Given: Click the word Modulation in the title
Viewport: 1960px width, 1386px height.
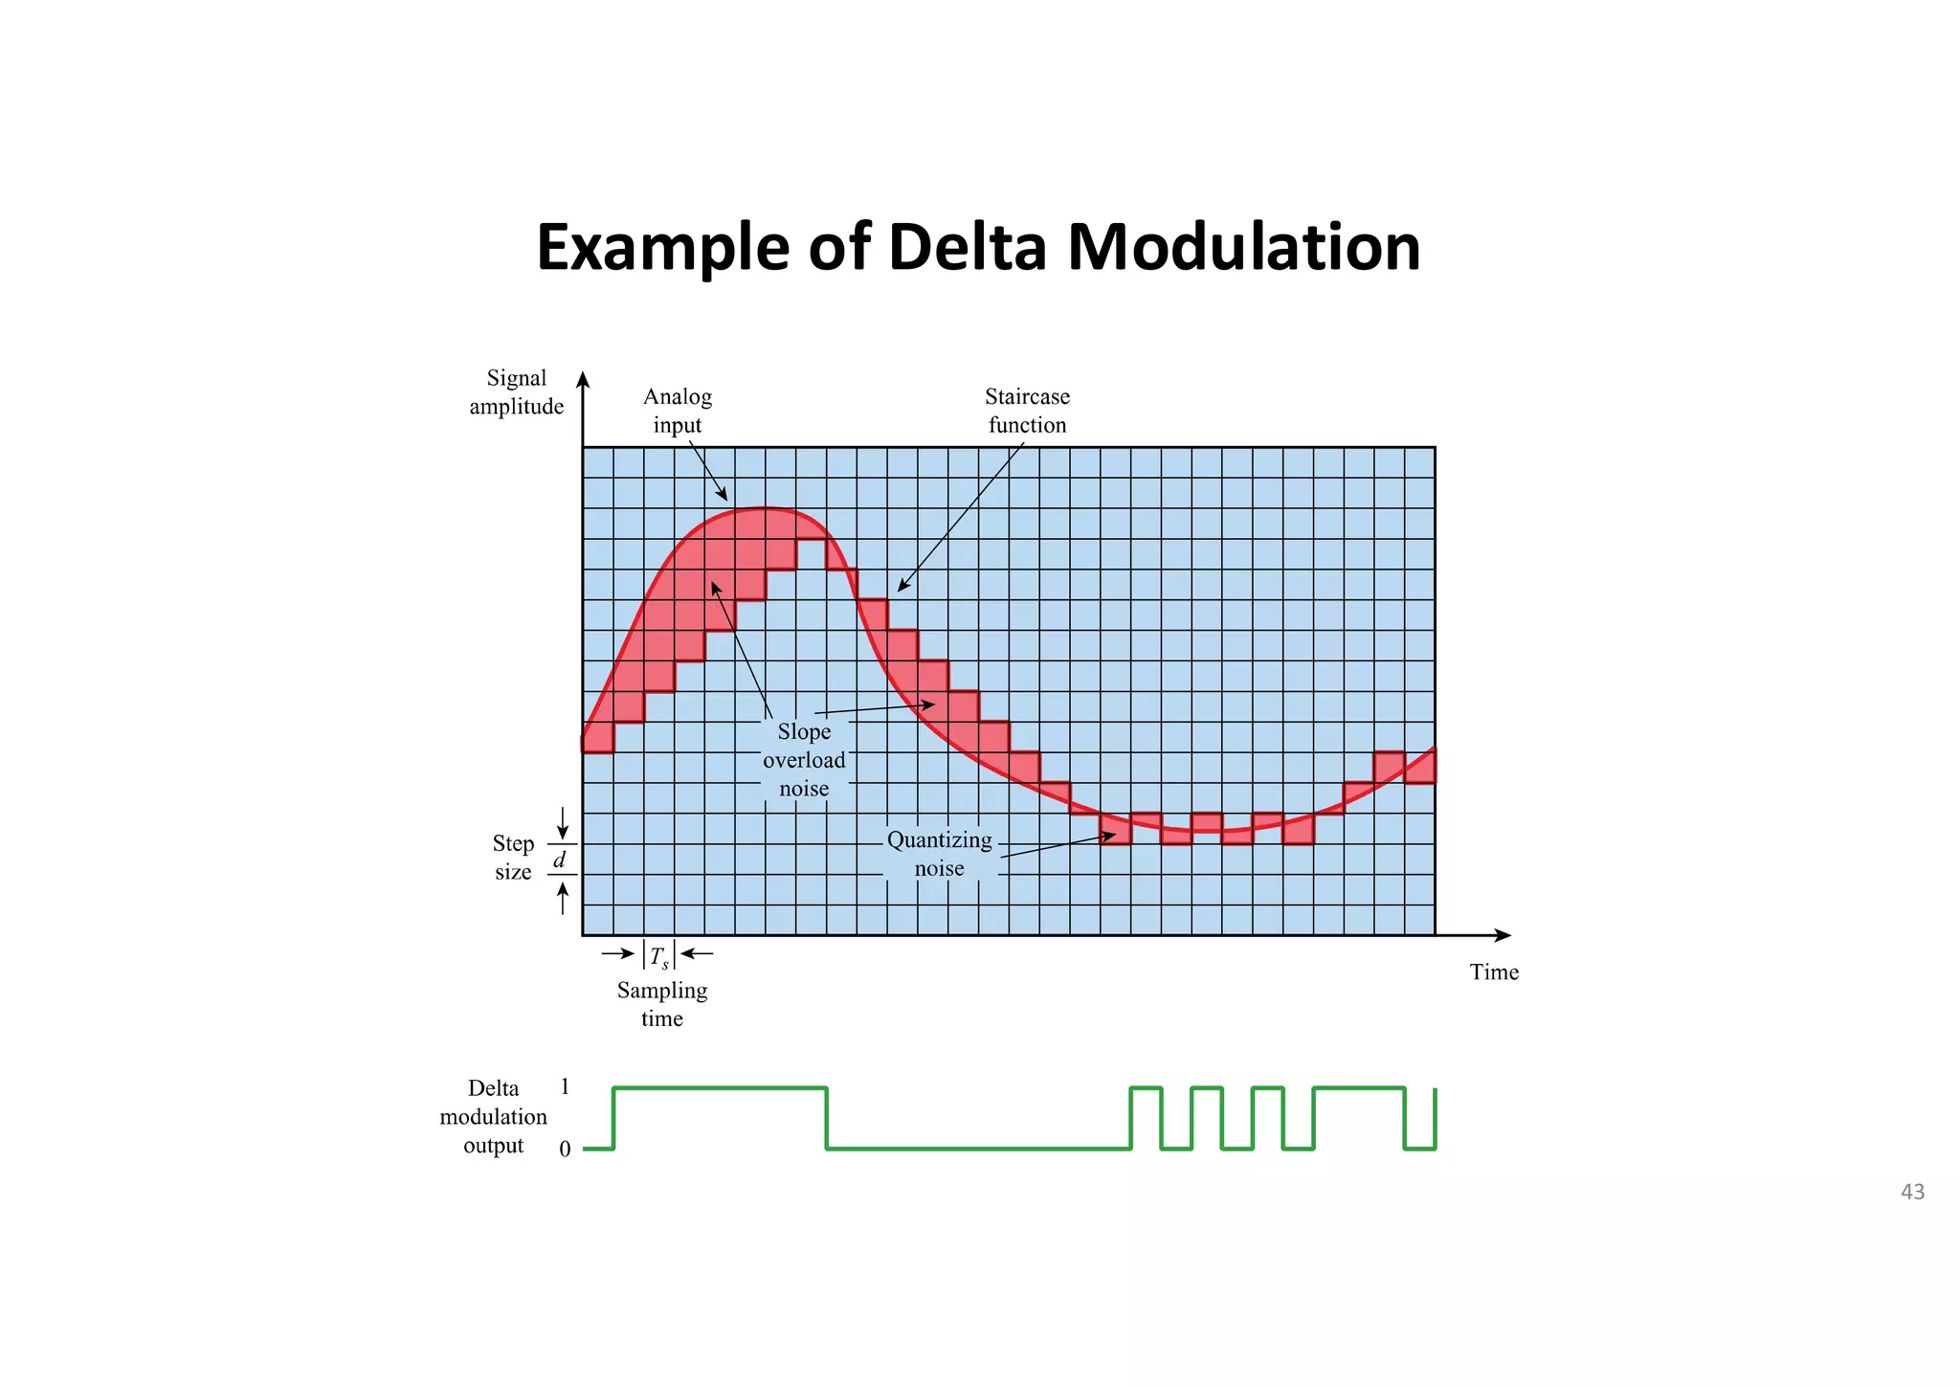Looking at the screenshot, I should (x=1243, y=247).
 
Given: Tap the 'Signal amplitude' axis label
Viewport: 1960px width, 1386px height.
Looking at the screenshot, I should (x=516, y=392).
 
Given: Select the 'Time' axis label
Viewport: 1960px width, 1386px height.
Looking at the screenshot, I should (x=1494, y=972).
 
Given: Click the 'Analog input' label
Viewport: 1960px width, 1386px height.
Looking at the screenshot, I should (x=677, y=411).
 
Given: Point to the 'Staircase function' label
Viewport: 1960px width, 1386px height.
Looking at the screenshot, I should (x=1027, y=411).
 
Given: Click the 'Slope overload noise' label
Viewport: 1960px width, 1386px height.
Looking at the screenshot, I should (x=804, y=760).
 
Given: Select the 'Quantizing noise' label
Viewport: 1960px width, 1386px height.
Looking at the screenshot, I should (x=939, y=854).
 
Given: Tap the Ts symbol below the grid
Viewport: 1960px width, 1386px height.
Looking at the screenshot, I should (x=658, y=956).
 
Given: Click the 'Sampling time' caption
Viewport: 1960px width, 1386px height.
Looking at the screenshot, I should (x=661, y=1004).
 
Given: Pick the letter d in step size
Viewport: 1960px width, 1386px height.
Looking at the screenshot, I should (x=561, y=860).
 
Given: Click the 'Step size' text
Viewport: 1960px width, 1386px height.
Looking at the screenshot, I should (x=513, y=858).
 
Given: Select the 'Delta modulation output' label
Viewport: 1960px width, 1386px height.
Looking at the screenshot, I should (x=493, y=1117).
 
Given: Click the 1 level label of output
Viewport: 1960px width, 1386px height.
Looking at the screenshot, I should (x=565, y=1087).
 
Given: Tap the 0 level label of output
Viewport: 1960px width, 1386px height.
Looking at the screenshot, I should (x=565, y=1149).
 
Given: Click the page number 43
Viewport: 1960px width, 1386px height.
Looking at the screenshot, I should (x=1912, y=1192).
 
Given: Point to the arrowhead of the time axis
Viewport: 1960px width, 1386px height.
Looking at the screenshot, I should (x=1503, y=935).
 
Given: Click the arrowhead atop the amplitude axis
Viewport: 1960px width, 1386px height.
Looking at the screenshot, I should (x=583, y=380).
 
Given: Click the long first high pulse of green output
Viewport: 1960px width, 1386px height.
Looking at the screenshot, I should (x=720, y=1088).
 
